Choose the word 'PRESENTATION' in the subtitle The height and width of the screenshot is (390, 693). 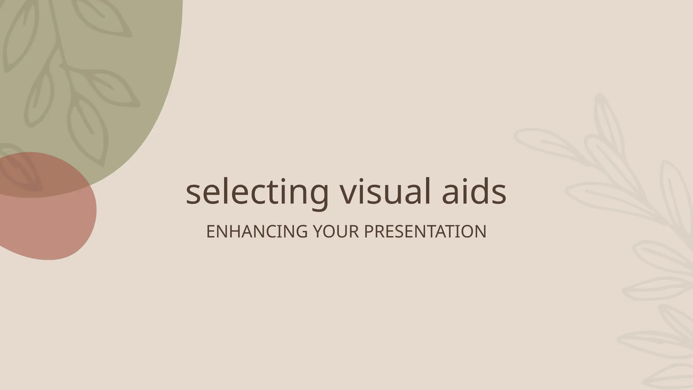pyautogui.click(x=425, y=232)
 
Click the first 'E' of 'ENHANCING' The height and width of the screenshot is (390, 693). pyautogui.click(x=211, y=232)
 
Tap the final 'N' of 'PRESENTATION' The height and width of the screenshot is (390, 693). pyautogui.click(x=481, y=232)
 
